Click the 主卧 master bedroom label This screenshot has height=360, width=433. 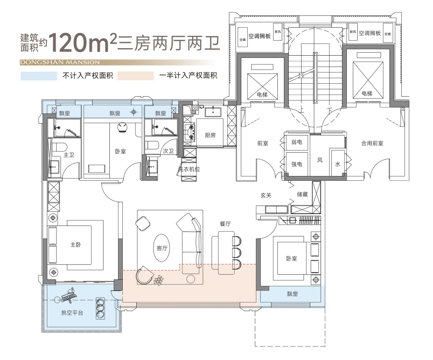(x=75, y=245)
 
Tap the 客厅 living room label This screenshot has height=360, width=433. (x=162, y=248)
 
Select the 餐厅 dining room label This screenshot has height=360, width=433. (x=225, y=224)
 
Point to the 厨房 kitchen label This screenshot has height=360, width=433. (x=210, y=135)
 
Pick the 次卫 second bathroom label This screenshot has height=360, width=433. (x=168, y=151)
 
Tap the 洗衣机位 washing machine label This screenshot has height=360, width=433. (x=189, y=169)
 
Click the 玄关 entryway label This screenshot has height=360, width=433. (x=266, y=195)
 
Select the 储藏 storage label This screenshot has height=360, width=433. (x=302, y=194)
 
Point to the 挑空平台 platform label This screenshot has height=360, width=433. (x=72, y=313)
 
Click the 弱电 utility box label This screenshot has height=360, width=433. (x=297, y=142)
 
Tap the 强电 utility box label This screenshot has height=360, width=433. (x=297, y=164)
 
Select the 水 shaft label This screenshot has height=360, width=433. (x=338, y=164)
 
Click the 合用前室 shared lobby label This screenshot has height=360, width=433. (x=372, y=143)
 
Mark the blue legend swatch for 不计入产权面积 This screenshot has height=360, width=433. (x=39, y=76)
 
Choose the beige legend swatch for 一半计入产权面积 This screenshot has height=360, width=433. (x=136, y=76)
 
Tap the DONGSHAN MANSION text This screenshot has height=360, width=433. (x=59, y=63)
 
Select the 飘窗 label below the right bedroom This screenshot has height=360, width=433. (x=292, y=294)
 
